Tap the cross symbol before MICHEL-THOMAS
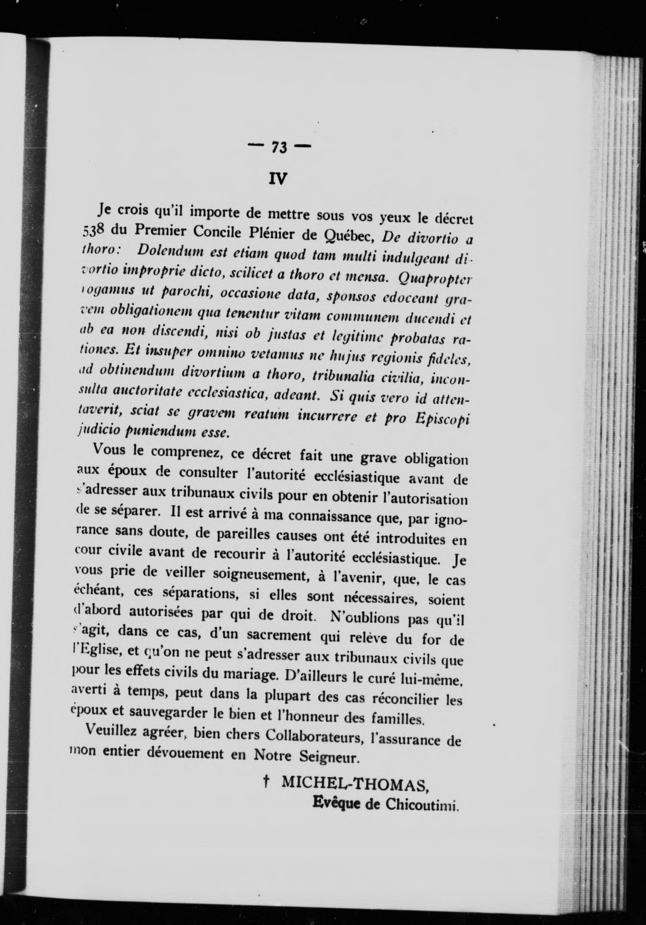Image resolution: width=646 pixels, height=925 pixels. [266, 782]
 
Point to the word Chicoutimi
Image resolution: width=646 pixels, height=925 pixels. [421, 804]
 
